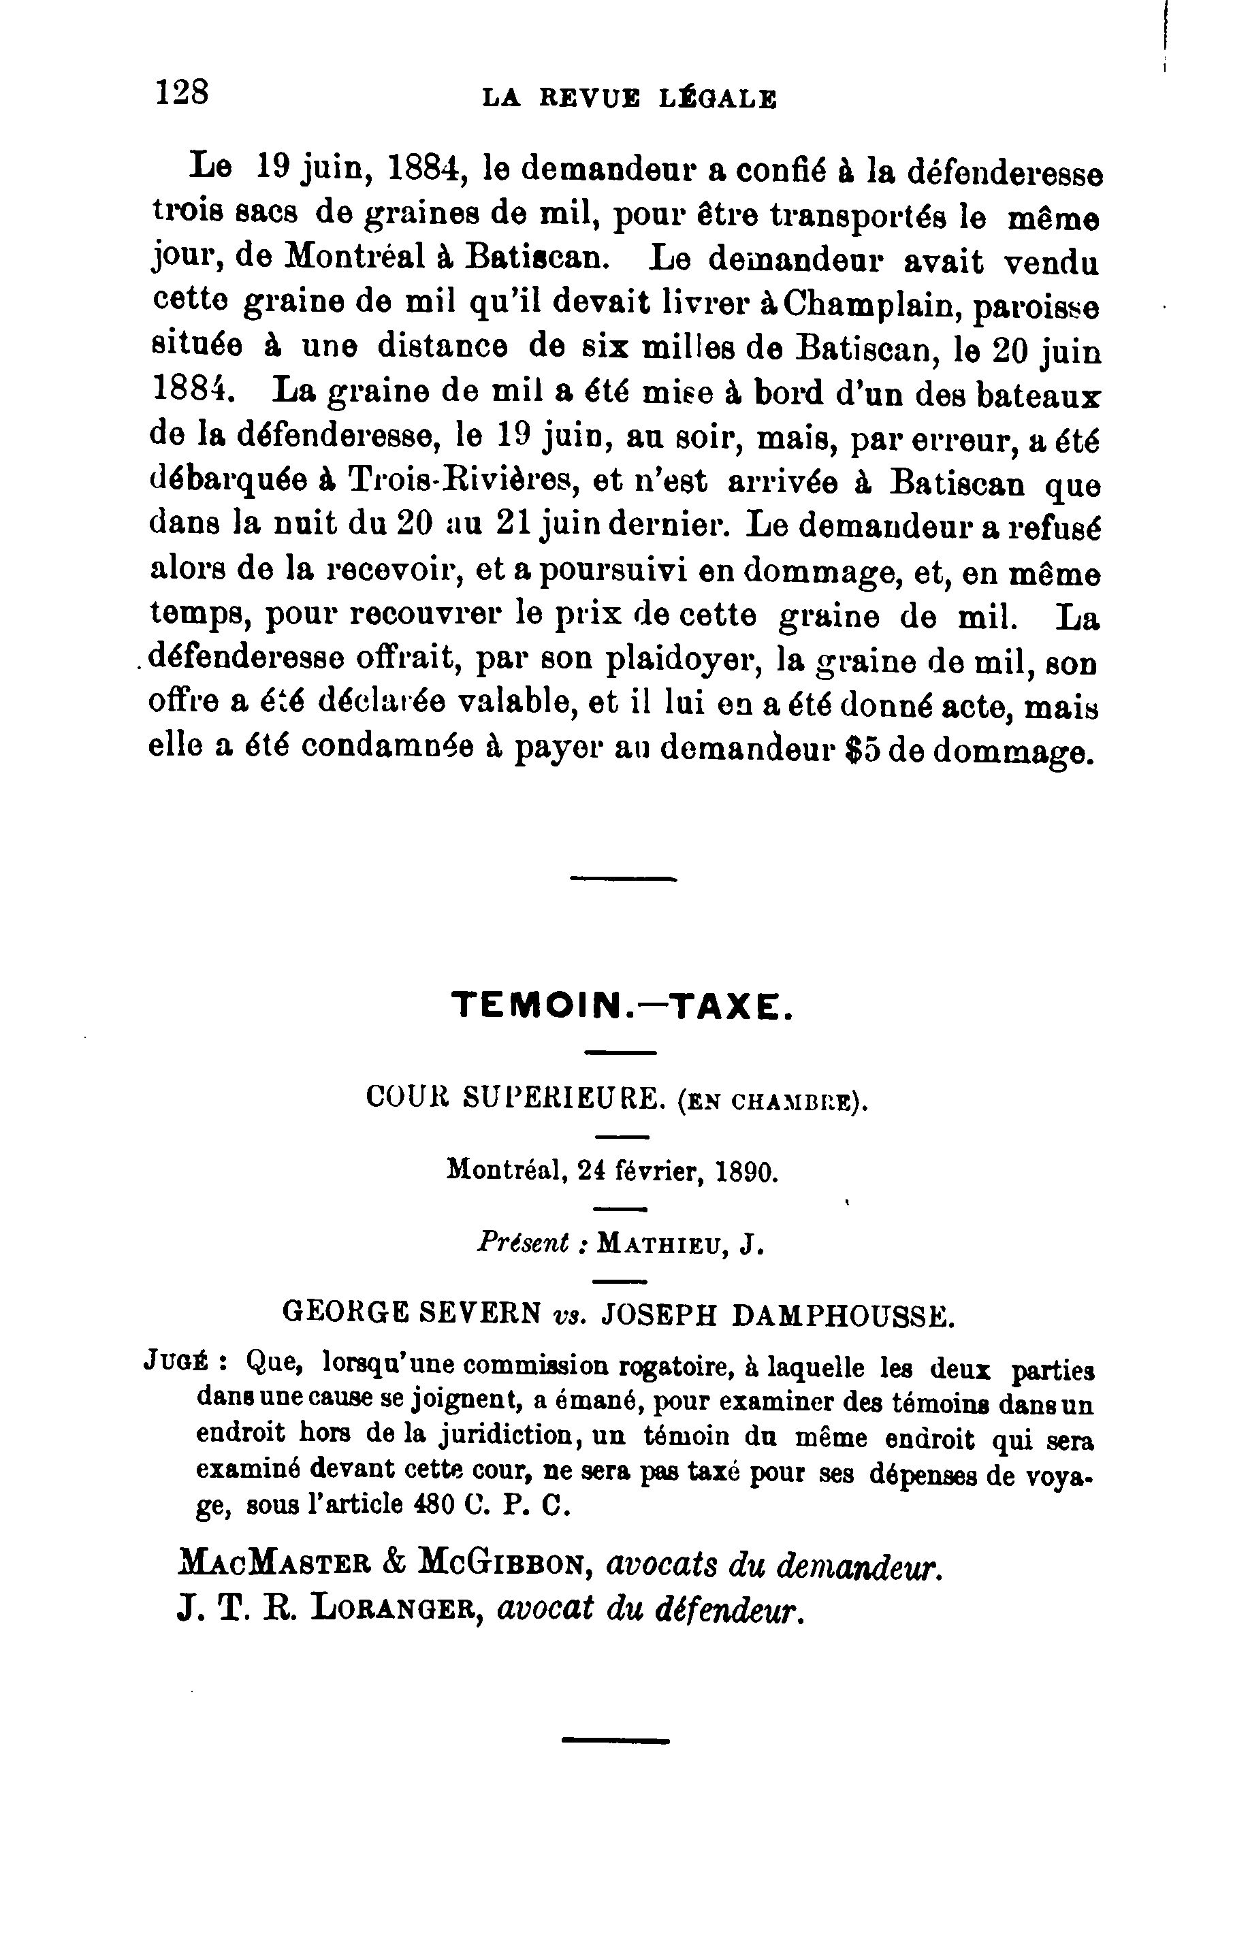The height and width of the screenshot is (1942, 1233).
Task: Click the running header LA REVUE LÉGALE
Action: [x=629, y=99]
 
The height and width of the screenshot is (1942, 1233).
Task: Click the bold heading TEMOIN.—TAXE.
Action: [x=622, y=1007]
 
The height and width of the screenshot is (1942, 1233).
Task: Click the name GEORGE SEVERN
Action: [x=411, y=1314]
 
